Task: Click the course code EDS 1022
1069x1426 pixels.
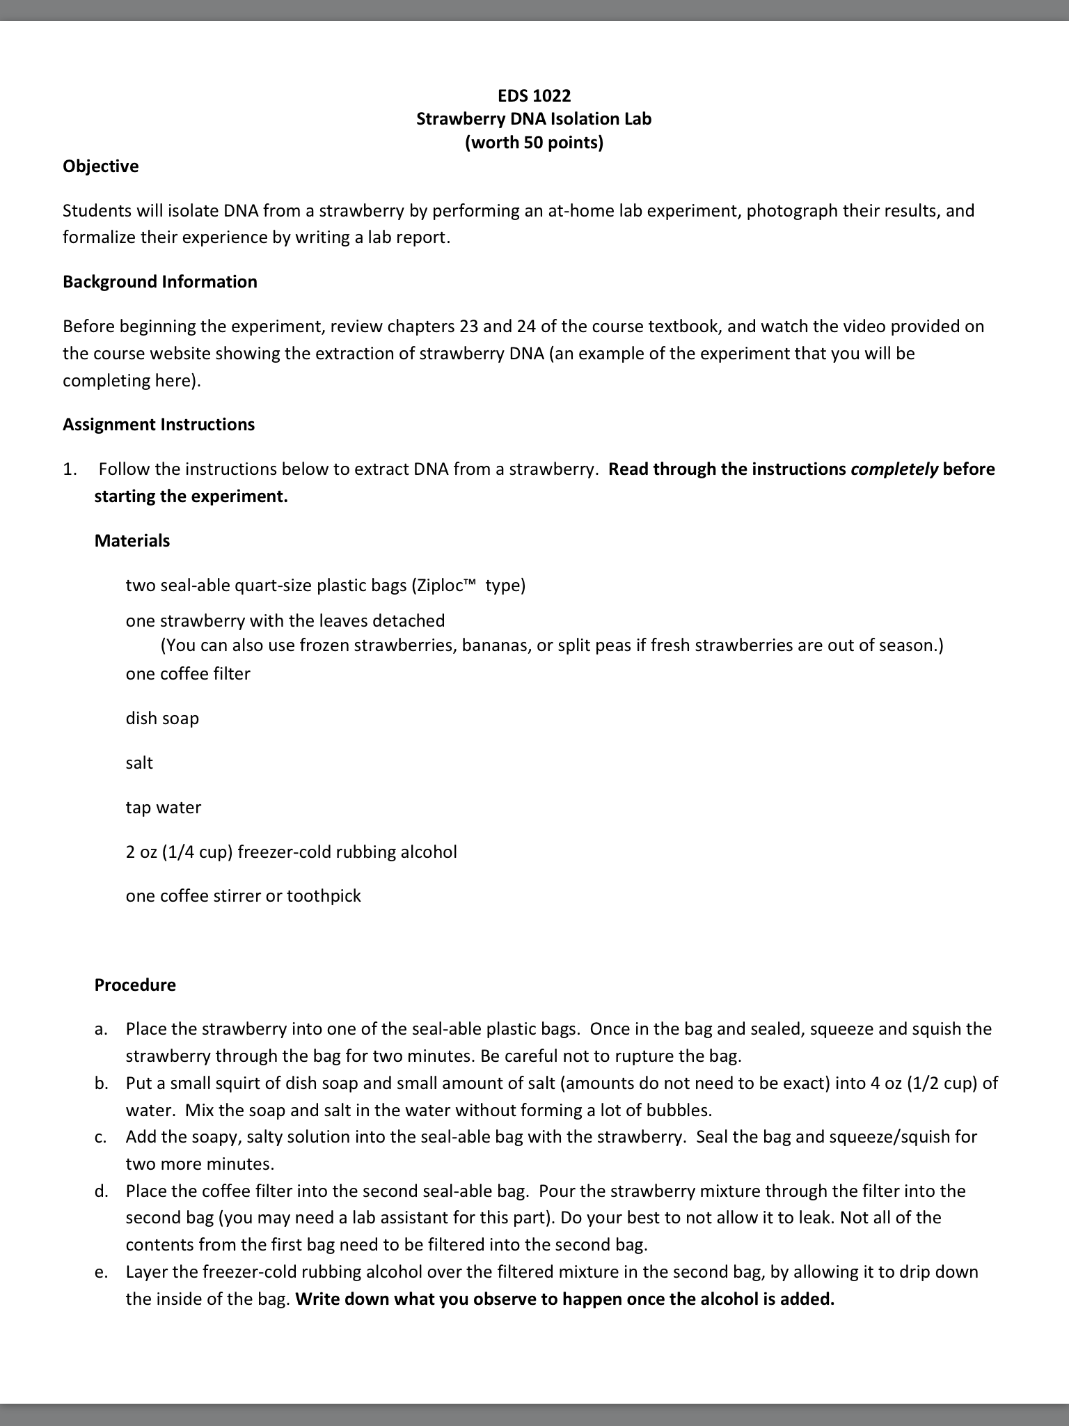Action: click(x=534, y=95)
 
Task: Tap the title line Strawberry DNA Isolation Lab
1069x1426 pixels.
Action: click(x=534, y=119)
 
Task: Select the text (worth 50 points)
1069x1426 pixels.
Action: click(x=534, y=143)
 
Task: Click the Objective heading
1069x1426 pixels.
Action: click(x=100, y=166)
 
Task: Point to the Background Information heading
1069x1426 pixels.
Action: click(x=159, y=282)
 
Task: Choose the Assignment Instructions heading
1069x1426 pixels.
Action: click(x=159, y=425)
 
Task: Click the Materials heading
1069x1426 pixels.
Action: click(x=132, y=541)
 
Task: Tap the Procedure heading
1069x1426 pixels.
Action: click(x=135, y=985)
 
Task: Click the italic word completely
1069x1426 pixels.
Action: click(x=894, y=469)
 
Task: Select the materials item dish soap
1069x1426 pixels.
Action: click(x=162, y=719)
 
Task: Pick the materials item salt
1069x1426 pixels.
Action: click(x=139, y=763)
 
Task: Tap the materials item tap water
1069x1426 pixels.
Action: click(x=164, y=808)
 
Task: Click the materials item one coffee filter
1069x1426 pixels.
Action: click(x=188, y=674)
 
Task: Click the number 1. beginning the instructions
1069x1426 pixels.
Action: click(x=70, y=470)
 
